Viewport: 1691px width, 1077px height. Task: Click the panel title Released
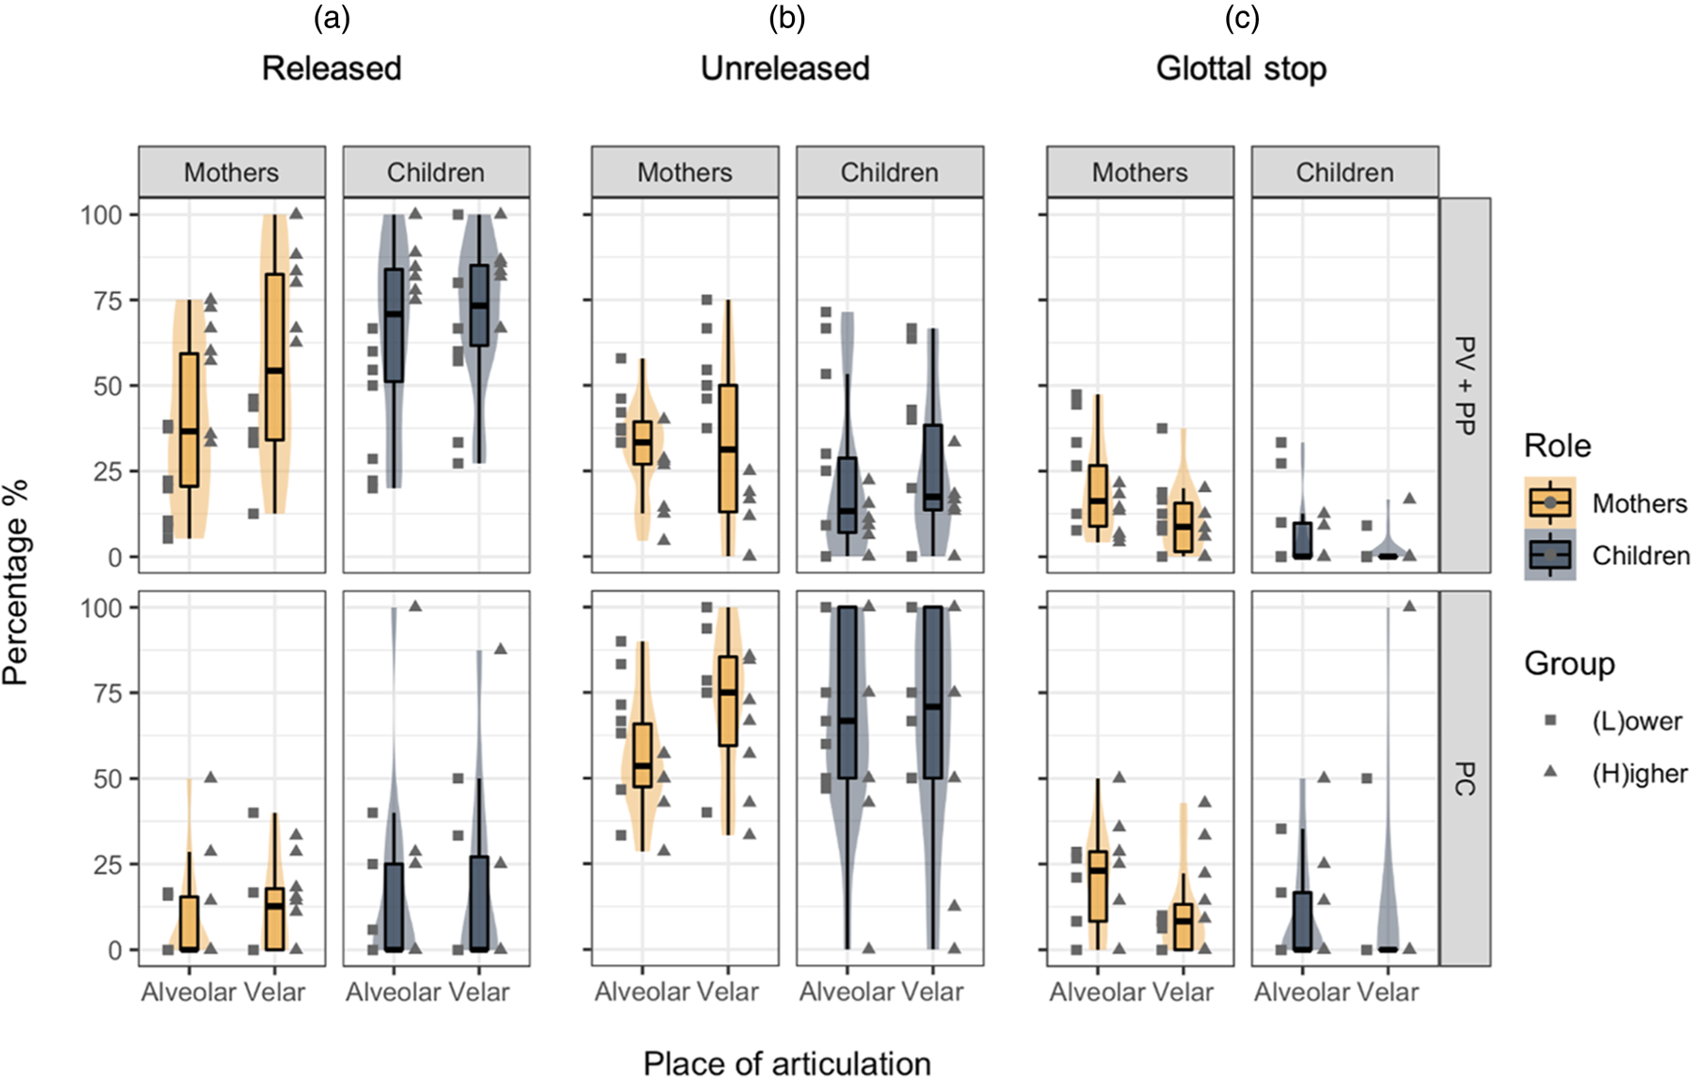(x=331, y=69)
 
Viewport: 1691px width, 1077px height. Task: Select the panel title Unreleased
(x=785, y=69)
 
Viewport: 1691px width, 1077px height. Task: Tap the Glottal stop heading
(x=1241, y=69)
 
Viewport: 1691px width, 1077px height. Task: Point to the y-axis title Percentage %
(x=16, y=582)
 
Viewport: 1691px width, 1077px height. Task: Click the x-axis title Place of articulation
(x=786, y=1062)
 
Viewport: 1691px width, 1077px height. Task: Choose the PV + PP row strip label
(x=1465, y=385)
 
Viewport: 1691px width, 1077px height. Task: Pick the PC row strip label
(x=1465, y=777)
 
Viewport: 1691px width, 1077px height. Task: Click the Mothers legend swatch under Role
(x=1549, y=503)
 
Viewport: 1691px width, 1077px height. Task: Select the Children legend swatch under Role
(x=1549, y=555)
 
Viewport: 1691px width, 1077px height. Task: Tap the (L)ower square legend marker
(x=1550, y=720)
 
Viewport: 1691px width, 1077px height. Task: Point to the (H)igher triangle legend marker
(x=1550, y=772)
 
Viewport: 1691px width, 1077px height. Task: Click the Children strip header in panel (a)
(x=436, y=173)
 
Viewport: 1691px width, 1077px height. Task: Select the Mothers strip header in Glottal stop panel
(x=1140, y=173)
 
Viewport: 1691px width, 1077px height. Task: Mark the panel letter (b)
(x=786, y=18)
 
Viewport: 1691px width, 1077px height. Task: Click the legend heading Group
(x=1569, y=664)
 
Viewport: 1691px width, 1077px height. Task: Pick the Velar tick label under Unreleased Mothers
(x=728, y=992)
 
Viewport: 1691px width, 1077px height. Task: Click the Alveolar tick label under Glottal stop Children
(x=1302, y=992)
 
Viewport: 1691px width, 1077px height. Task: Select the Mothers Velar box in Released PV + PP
(x=274, y=356)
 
